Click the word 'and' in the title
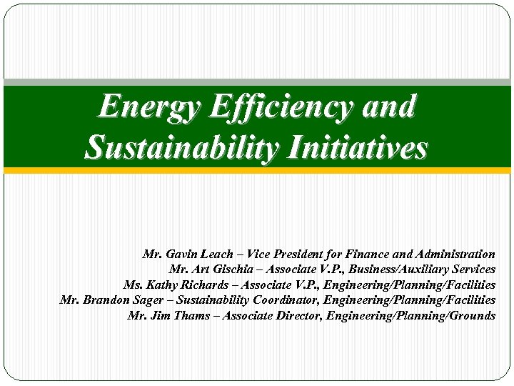(x=389, y=107)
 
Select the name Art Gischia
(x=215, y=269)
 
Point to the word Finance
(x=367, y=254)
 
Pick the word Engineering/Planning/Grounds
(x=410, y=315)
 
